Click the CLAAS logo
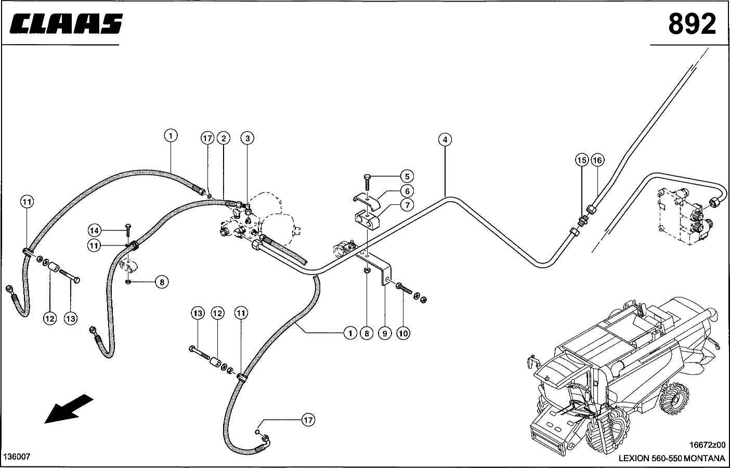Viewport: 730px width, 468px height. click(x=66, y=24)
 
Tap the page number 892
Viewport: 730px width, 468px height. click(x=692, y=24)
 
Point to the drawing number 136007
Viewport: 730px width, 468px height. click(x=17, y=457)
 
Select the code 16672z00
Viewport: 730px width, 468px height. click(x=707, y=445)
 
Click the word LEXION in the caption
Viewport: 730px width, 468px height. click(x=634, y=458)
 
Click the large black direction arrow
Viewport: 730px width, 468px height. click(x=68, y=409)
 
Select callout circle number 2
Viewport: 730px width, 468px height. click(x=223, y=138)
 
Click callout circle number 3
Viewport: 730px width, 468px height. click(x=247, y=138)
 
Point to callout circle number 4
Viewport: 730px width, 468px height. click(x=445, y=139)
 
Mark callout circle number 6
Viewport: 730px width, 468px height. click(x=407, y=191)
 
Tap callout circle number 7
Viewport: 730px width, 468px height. click(x=407, y=205)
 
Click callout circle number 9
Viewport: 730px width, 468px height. click(x=384, y=333)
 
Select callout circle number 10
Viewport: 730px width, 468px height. click(x=403, y=333)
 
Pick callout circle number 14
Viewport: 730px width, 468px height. click(x=94, y=230)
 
